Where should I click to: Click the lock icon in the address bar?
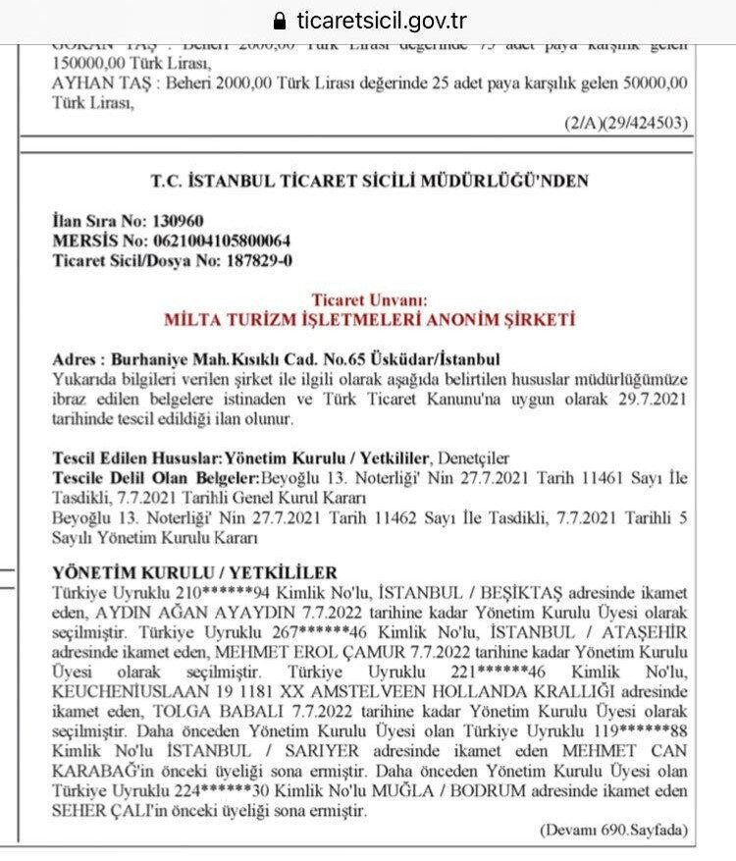pyautogui.click(x=281, y=21)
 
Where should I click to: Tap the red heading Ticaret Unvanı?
pyautogui.click(x=368, y=300)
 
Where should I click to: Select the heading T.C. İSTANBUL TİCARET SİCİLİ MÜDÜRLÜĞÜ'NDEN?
pyautogui.click(x=370, y=182)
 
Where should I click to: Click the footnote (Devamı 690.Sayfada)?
pyautogui.click(x=614, y=831)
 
